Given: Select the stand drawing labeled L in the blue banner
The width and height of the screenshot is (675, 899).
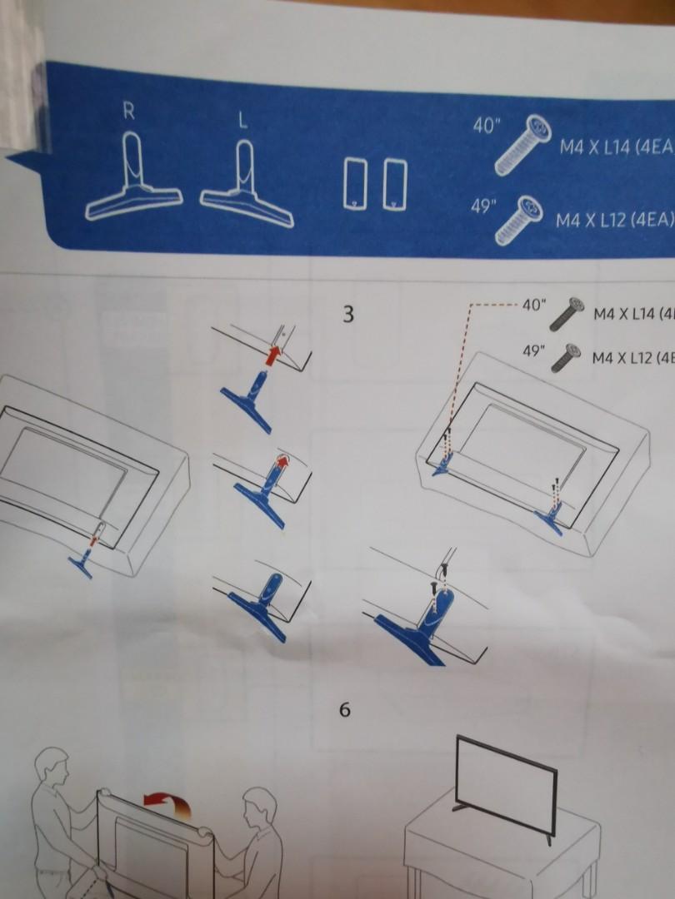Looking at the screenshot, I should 247,184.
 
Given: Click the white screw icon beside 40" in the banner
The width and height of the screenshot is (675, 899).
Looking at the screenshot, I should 523,146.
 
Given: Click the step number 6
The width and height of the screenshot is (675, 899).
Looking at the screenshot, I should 345,710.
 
